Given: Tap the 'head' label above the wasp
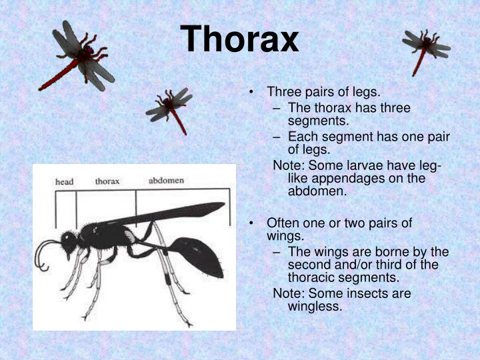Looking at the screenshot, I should pyautogui.click(x=64, y=181).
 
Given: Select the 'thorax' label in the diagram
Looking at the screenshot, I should pyautogui.click(x=107, y=181).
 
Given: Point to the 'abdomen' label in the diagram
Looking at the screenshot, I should pyautogui.click(x=166, y=181).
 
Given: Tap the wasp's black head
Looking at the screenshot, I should pyautogui.click(x=69, y=241).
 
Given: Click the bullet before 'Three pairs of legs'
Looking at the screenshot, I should pyautogui.click(x=251, y=92).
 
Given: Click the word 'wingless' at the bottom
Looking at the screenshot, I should pyautogui.click(x=315, y=307).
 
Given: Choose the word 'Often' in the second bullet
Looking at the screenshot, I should pyautogui.click(x=282, y=223).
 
